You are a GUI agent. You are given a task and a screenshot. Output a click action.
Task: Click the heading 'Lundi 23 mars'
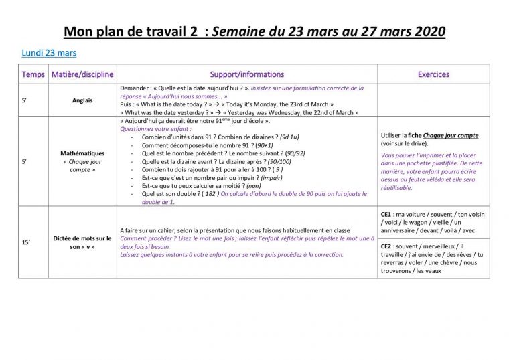point(49,53)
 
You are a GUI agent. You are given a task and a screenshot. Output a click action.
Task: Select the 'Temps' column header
point(33,74)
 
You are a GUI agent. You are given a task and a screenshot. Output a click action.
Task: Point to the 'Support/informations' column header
point(246,74)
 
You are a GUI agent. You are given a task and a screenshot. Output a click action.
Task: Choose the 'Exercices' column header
point(433,74)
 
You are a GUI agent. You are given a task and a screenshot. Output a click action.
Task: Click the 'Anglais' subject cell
point(83,100)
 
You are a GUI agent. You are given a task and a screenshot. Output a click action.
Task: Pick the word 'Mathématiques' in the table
point(83,153)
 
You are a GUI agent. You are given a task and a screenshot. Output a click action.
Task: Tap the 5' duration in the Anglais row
point(25,100)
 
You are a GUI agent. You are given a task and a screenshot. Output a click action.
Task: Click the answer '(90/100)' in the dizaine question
point(279,161)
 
